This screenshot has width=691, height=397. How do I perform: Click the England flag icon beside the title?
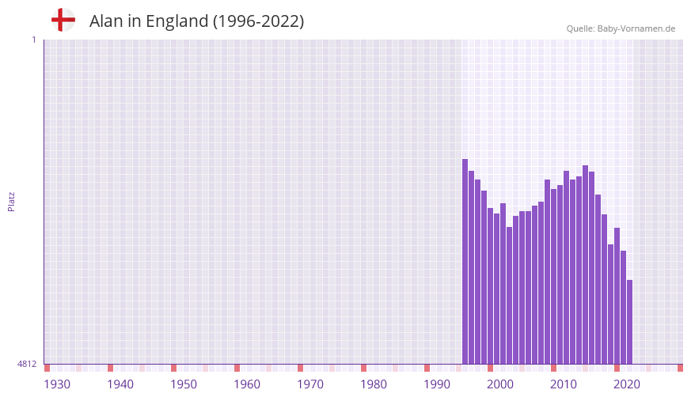[x=63, y=21]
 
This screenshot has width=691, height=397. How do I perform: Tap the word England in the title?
[x=177, y=21]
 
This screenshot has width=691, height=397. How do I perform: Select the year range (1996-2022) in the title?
[x=258, y=21]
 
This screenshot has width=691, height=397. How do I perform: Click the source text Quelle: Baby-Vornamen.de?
[x=621, y=28]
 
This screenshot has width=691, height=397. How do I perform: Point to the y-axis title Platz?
[x=11, y=201]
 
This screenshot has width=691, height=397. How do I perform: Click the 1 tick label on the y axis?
[x=33, y=40]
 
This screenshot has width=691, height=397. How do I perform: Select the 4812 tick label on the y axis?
[x=27, y=364]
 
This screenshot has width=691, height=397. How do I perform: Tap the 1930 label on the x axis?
[x=57, y=384]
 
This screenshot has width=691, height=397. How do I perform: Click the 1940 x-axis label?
[x=120, y=384]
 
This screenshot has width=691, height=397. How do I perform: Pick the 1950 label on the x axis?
[x=184, y=384]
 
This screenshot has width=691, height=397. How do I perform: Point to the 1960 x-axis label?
[x=247, y=384]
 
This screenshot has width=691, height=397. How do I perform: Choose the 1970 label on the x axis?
[x=310, y=384]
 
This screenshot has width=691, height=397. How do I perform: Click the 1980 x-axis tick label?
[x=374, y=384]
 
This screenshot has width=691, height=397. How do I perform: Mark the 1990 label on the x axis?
[x=437, y=384]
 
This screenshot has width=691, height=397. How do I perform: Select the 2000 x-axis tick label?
[x=500, y=384]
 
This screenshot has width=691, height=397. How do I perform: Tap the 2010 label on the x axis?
[x=564, y=384]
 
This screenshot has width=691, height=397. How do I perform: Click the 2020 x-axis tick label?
[x=627, y=384]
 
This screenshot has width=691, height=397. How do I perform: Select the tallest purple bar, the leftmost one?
[x=465, y=261]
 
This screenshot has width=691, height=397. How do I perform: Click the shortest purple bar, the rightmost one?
[x=629, y=322]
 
